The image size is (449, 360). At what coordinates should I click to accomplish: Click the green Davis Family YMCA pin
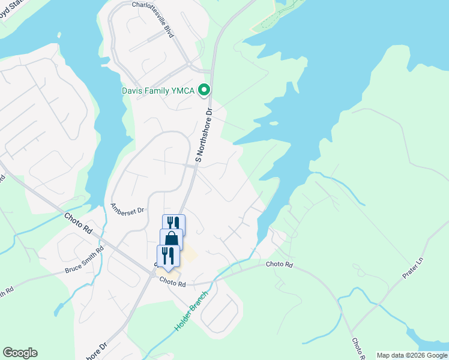204,91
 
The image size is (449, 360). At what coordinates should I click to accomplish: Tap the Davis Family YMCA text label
157,91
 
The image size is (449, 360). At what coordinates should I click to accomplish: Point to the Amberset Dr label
128,208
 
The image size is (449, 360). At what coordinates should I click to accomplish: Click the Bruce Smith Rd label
84,262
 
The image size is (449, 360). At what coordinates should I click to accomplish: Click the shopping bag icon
172,239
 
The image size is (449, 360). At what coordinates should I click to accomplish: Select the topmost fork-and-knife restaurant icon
173,224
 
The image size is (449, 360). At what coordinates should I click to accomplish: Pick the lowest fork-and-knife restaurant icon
168,256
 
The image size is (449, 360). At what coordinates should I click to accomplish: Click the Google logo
20,353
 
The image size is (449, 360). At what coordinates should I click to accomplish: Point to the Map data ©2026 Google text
412,355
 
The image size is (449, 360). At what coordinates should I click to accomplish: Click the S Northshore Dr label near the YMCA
204,137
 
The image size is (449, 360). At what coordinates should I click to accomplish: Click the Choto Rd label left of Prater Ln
280,264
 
